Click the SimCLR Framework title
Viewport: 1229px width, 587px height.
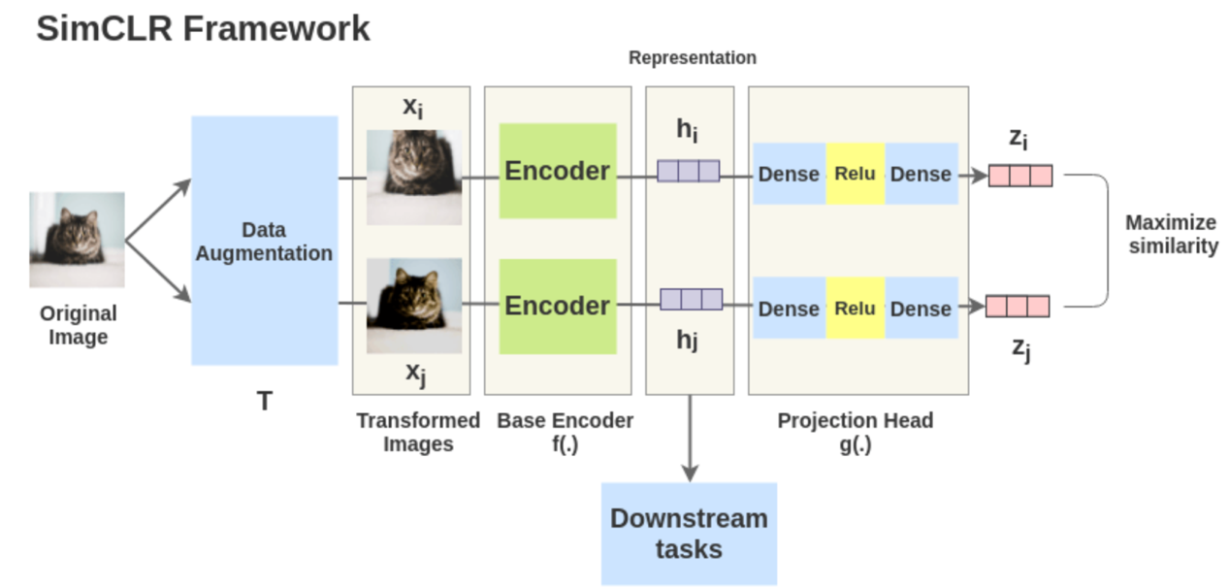[x=203, y=28]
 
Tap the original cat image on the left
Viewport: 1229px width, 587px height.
[x=77, y=239]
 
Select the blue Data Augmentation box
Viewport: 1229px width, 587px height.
[x=264, y=241]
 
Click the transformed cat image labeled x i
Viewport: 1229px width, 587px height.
[x=413, y=178]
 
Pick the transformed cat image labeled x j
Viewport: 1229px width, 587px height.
[x=413, y=305]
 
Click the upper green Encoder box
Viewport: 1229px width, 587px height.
[x=558, y=171]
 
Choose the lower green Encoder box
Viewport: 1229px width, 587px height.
[x=558, y=306]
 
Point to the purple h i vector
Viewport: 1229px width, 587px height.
[x=688, y=172]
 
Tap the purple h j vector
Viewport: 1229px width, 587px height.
[x=691, y=299]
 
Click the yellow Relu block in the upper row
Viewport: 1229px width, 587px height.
[x=855, y=174]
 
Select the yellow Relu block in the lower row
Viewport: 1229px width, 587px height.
[x=855, y=309]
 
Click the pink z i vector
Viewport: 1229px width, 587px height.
[x=1019, y=176]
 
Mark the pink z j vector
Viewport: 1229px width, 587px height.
[x=1018, y=307]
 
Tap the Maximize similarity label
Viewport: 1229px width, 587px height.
[x=1171, y=234]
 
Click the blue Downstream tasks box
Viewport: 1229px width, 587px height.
[x=689, y=534]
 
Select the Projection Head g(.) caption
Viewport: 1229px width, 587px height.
[x=855, y=432]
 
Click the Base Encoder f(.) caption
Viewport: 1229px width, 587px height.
[x=565, y=432]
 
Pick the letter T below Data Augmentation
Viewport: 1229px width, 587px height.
[x=264, y=401]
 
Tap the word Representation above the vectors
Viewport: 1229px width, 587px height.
[x=692, y=57]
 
